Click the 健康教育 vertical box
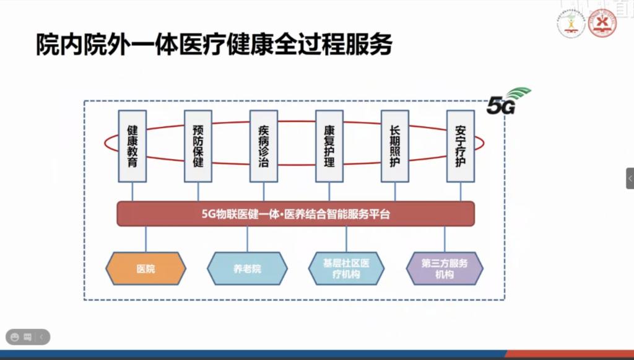click(x=132, y=146)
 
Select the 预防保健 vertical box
click(x=198, y=146)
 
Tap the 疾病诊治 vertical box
click(x=264, y=146)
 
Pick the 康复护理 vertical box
click(x=329, y=146)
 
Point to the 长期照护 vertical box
click(x=395, y=146)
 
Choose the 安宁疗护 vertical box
click(x=461, y=146)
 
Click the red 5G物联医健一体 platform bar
click(x=296, y=214)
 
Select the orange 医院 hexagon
click(x=146, y=269)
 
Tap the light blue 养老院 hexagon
click(x=247, y=269)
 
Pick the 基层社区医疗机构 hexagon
click(x=345, y=269)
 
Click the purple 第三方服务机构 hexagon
click(x=445, y=269)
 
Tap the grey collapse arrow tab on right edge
click(x=630, y=178)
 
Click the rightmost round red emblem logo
click(x=602, y=24)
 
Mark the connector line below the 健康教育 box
click(x=132, y=191)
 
